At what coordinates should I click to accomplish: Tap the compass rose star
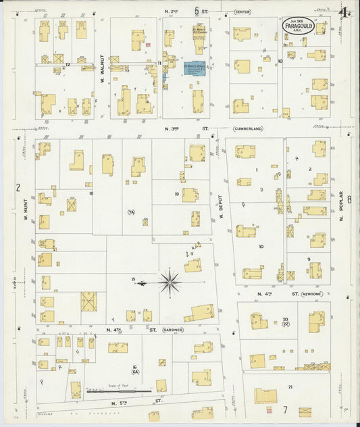pos(169,280)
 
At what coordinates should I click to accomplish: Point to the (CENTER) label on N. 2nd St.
pos(242,11)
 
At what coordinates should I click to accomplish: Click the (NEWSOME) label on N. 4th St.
pos(313,294)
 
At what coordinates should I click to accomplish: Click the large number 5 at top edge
pos(197,11)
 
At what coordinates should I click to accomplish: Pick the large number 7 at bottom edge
pos(286,409)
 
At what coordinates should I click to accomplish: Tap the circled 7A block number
pos(132,213)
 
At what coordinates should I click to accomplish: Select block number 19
pos(176,194)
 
